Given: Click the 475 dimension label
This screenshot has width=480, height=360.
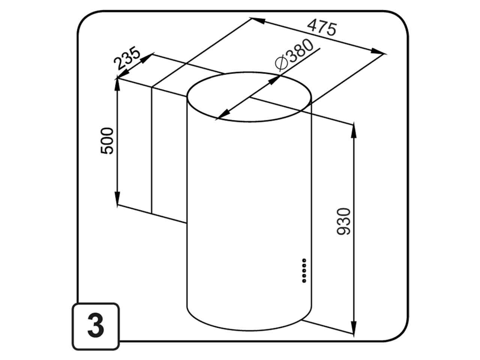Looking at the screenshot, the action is pos(321,27).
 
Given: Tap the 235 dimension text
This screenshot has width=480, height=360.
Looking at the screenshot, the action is pos(127,58).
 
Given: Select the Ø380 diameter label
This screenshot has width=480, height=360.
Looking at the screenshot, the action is pos(294,55).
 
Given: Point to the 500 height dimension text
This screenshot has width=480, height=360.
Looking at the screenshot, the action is pos(107,141).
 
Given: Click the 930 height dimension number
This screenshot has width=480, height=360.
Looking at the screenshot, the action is pos(343,222).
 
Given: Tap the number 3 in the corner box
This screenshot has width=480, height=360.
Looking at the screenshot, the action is pos(96,327).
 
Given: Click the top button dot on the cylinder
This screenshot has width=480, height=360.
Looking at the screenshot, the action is pos(304,260).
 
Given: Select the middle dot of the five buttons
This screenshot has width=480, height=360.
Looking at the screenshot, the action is pos(304,271).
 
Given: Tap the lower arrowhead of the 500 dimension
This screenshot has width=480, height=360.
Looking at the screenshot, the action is pos(117,199).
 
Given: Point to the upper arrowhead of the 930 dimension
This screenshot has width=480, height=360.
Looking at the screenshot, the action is pos(354,131).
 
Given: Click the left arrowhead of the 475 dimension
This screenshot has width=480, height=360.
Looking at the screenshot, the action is pos(258,21).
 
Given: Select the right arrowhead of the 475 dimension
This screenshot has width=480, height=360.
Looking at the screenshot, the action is pos(377,52).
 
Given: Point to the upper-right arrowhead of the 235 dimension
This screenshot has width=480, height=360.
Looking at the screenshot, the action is pos(147,58).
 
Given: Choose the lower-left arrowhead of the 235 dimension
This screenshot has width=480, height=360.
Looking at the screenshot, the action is pos(123,73).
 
